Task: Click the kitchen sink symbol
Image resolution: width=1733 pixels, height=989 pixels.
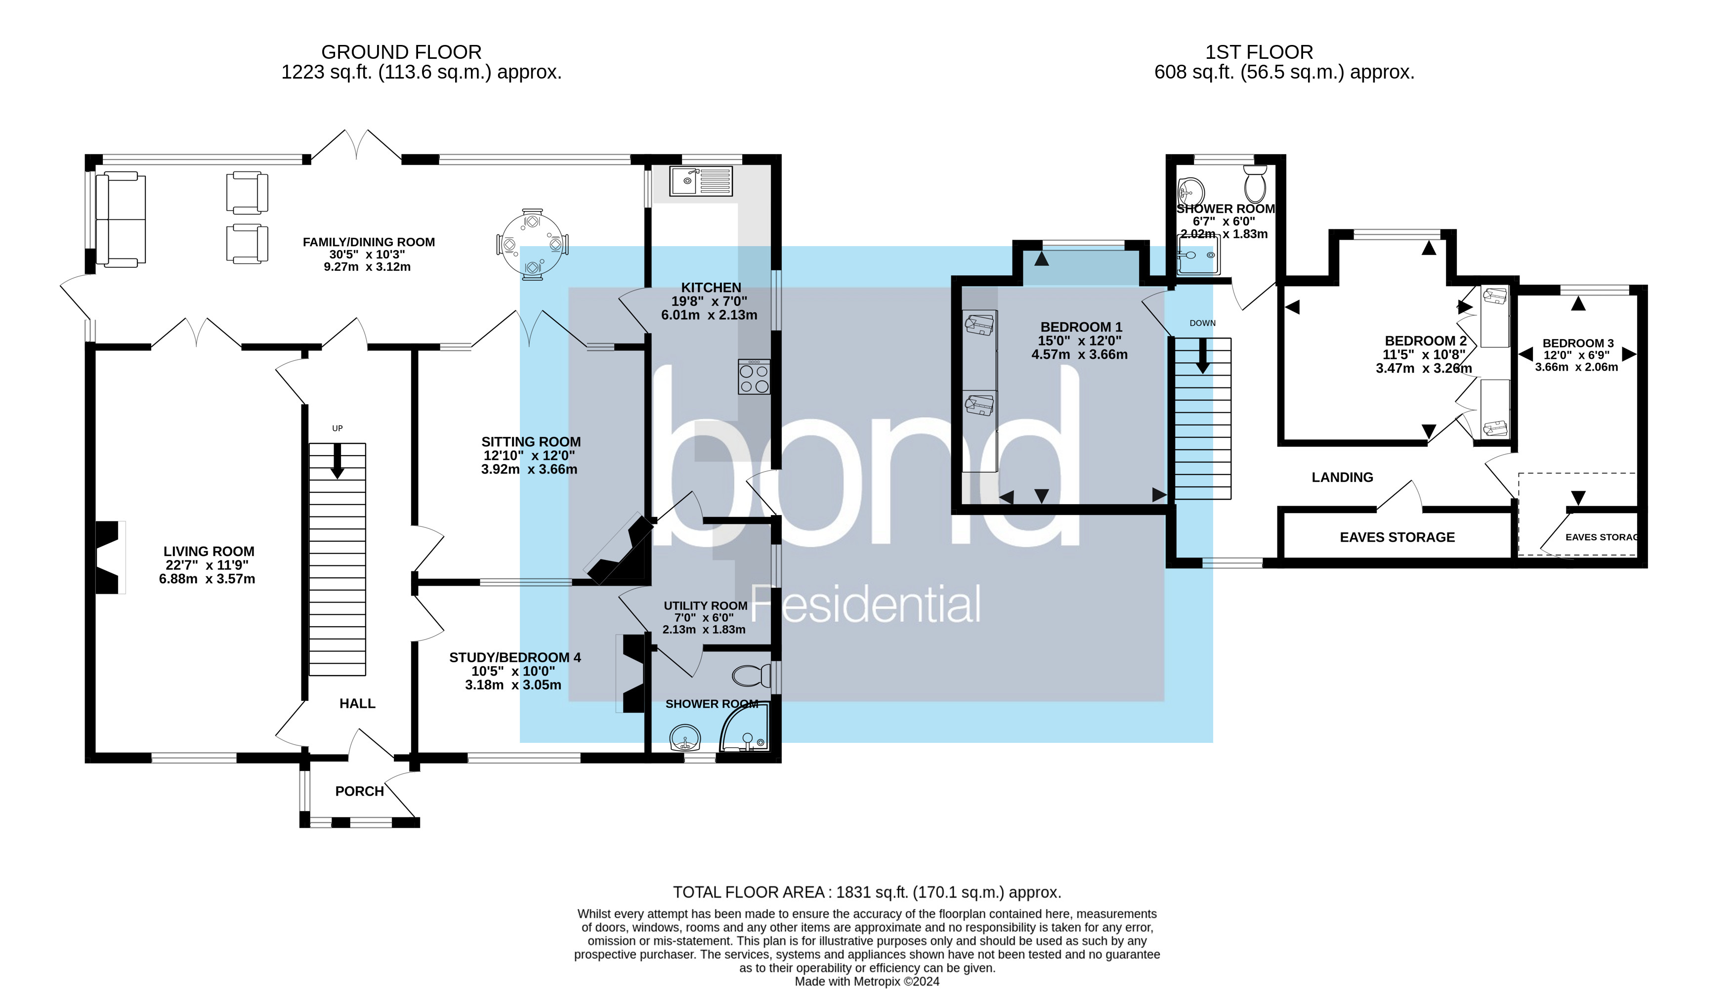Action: tap(702, 181)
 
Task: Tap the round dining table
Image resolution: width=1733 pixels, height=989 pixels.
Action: tap(532, 243)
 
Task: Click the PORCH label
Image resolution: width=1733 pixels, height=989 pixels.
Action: tap(359, 791)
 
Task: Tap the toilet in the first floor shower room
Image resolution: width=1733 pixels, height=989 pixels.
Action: tap(1255, 182)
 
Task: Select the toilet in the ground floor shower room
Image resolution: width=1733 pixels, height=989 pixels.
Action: tap(751, 676)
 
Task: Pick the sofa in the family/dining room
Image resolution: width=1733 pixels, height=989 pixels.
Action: tap(120, 219)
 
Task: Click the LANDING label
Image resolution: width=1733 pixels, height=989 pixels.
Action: tap(1342, 477)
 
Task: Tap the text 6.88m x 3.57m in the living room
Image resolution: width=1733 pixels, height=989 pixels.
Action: tap(207, 579)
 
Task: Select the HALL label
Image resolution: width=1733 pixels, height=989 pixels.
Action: tap(357, 704)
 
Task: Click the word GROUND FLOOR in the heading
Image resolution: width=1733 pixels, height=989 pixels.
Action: tap(401, 52)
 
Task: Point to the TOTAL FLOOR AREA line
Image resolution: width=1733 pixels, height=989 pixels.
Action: tap(867, 893)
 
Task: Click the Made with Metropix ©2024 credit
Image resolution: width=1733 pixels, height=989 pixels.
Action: tap(867, 982)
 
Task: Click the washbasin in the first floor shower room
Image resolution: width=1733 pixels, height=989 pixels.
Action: tap(1190, 192)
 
